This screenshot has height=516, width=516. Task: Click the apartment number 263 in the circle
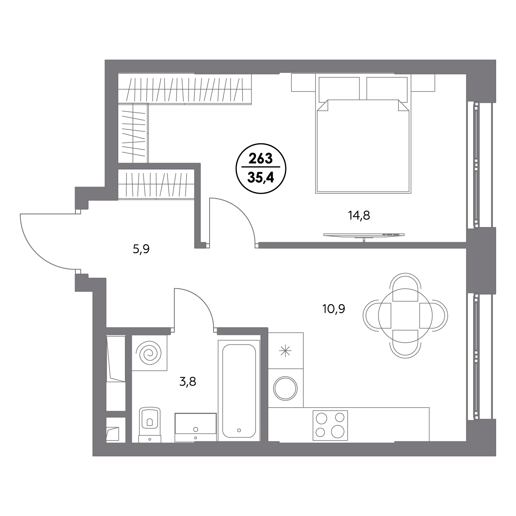pyautogui.click(x=260, y=159)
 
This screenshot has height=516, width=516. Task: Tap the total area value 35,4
pyautogui.click(x=260, y=177)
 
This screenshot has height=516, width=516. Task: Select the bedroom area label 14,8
pyautogui.click(x=359, y=216)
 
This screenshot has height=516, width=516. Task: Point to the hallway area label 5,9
pyautogui.click(x=141, y=249)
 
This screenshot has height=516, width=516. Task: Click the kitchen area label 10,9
pyautogui.click(x=334, y=309)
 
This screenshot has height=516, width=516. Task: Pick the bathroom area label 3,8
pyautogui.click(x=188, y=382)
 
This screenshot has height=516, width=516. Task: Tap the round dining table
pyautogui.click(x=405, y=316)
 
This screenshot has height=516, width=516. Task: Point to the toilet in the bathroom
pyautogui.click(x=150, y=425)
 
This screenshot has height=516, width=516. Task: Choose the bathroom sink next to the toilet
pyautogui.click(x=195, y=427)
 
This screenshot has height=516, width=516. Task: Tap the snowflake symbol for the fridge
pyautogui.click(x=285, y=351)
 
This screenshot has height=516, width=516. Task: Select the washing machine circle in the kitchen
pyautogui.click(x=285, y=389)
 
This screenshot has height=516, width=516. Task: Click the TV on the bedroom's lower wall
pyautogui.click(x=364, y=235)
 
